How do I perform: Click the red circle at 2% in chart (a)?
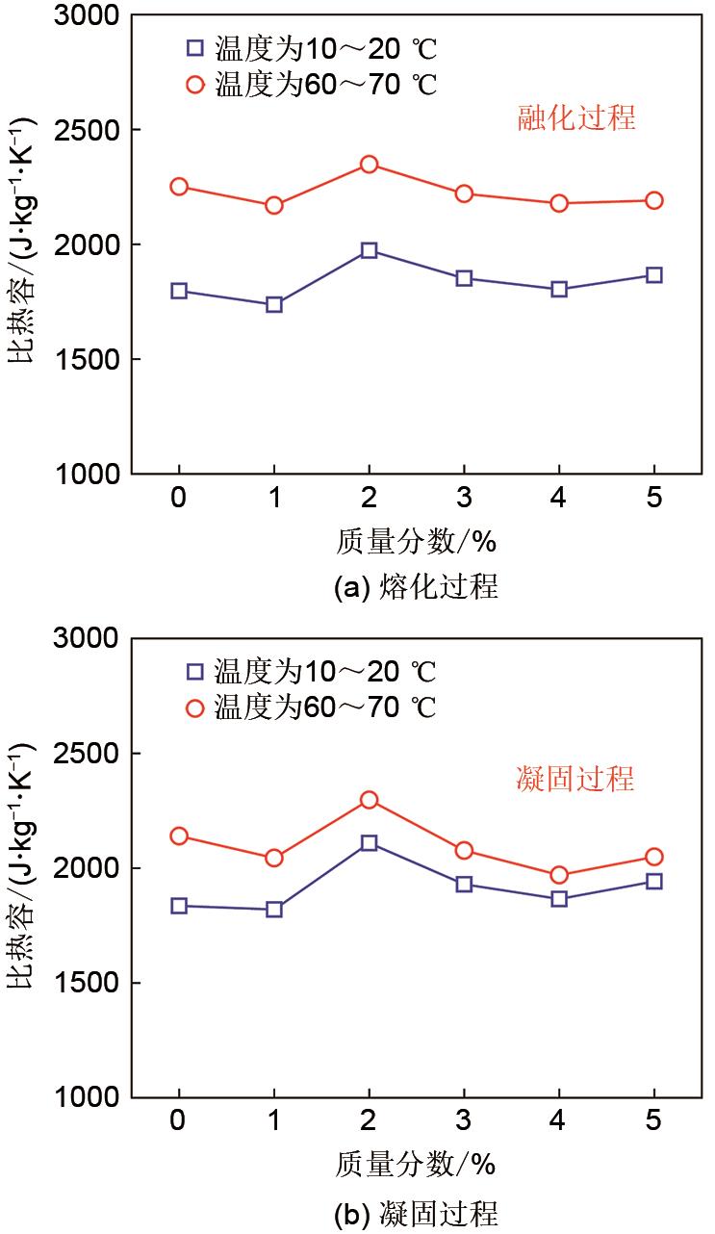369,165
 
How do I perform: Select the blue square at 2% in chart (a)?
369,250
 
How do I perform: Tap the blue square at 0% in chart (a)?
179,291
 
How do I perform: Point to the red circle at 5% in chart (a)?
653,200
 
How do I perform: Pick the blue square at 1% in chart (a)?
274,304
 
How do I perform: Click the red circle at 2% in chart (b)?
369,800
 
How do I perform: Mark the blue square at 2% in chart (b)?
369,843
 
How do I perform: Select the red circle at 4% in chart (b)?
558,875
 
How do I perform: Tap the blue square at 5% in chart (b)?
653,881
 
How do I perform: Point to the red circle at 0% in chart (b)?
179,836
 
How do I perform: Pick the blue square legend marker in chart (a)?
195,46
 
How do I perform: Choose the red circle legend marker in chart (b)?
195,708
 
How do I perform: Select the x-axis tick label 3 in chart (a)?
464,501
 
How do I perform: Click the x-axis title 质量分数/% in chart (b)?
415,1165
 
